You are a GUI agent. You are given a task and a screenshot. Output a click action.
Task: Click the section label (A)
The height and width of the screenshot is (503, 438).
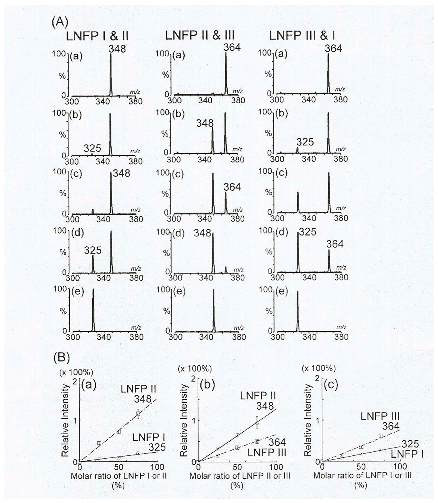tap(60, 22)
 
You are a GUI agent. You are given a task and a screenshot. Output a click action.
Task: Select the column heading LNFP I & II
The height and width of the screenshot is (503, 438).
tap(97, 36)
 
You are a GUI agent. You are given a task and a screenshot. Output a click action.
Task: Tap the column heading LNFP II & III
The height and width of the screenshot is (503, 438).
tap(200, 36)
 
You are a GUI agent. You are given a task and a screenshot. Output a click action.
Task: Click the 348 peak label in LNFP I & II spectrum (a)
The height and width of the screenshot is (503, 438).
tap(117, 49)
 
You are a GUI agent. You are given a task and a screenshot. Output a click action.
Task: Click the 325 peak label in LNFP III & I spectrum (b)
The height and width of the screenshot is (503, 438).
tap(305, 142)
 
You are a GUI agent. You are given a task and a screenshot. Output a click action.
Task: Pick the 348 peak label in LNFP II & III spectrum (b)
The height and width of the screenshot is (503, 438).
tap(205, 123)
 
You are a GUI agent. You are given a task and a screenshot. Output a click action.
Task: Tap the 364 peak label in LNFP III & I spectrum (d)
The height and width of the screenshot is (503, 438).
tap(335, 244)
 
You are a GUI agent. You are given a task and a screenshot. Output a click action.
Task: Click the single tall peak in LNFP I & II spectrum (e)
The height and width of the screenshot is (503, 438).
tap(93, 310)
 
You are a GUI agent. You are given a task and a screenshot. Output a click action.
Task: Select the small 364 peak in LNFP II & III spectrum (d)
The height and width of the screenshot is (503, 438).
tap(226, 269)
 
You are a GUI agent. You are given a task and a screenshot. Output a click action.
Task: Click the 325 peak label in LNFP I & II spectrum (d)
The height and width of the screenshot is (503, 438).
tap(93, 251)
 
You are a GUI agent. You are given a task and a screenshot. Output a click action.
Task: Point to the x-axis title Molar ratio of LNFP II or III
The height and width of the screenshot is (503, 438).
tap(239, 476)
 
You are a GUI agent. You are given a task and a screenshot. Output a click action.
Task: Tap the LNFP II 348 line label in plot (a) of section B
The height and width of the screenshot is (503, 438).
tap(139, 394)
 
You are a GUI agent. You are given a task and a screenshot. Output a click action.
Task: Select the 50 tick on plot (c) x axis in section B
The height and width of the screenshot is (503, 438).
tap(361, 467)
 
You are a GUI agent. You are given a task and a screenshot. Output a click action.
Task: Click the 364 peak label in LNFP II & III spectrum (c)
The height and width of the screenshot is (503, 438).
tap(232, 187)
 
